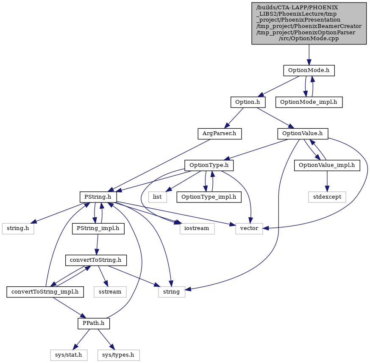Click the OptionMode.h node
click(309, 70)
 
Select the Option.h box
click(248, 102)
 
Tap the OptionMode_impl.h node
click(309, 102)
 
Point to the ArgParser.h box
click(220, 134)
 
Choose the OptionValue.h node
click(303, 134)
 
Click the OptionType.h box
click(209, 165)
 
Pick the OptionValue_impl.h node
click(327, 165)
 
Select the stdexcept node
click(327, 197)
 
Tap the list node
click(157, 197)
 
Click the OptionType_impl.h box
click(209, 197)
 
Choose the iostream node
click(197, 229)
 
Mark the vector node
click(249, 229)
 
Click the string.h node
click(18, 229)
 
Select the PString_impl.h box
click(98, 229)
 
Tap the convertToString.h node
click(96, 260)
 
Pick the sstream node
click(110, 292)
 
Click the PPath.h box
click(94, 323)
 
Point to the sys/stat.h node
click(69, 355)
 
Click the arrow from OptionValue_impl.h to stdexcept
click(327, 181)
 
